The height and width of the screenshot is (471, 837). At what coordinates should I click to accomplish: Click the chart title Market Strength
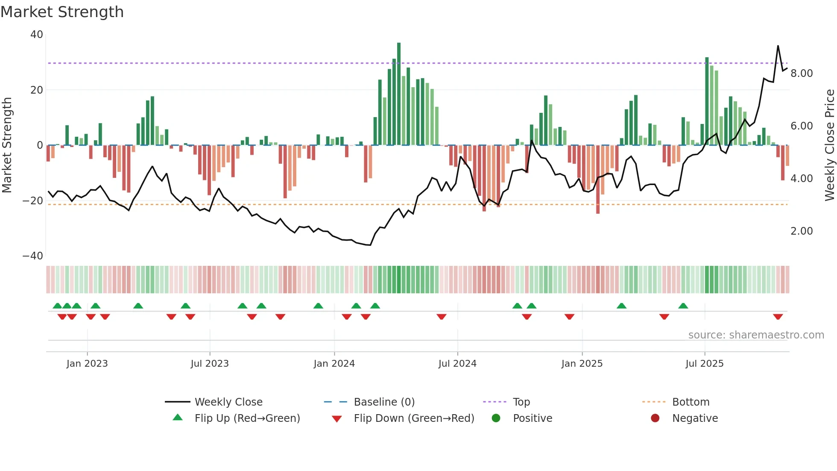[x=62, y=12]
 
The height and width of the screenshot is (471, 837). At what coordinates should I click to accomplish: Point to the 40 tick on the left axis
[x=37, y=35]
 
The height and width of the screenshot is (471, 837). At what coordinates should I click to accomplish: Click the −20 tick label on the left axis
[x=33, y=200]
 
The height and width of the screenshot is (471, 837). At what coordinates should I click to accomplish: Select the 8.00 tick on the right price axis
[x=802, y=74]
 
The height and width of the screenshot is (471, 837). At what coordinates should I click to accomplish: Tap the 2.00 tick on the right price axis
[x=802, y=231]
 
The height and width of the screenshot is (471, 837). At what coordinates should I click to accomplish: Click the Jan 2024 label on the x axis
[x=334, y=364]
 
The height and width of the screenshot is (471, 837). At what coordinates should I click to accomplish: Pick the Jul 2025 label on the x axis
[x=704, y=364]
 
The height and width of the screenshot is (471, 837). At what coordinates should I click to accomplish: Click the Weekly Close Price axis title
[x=829, y=145]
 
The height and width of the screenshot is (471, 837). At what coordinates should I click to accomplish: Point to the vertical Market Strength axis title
[x=7, y=145]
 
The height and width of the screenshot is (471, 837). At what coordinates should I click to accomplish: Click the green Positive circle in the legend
[x=496, y=418]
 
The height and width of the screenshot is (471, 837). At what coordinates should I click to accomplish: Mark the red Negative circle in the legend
[x=655, y=418]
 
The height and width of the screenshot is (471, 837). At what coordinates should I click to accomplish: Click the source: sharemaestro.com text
[x=756, y=335]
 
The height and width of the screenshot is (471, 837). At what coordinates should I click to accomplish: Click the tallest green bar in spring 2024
[x=399, y=94]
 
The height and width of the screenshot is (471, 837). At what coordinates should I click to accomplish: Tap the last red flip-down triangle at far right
[x=778, y=317]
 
